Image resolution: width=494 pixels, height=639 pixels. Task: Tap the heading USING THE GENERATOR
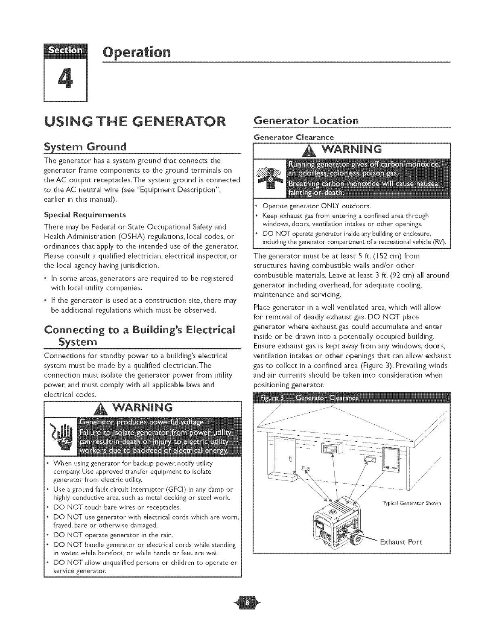[x=136, y=121]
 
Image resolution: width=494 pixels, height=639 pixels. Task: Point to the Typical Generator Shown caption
[x=411, y=503]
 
